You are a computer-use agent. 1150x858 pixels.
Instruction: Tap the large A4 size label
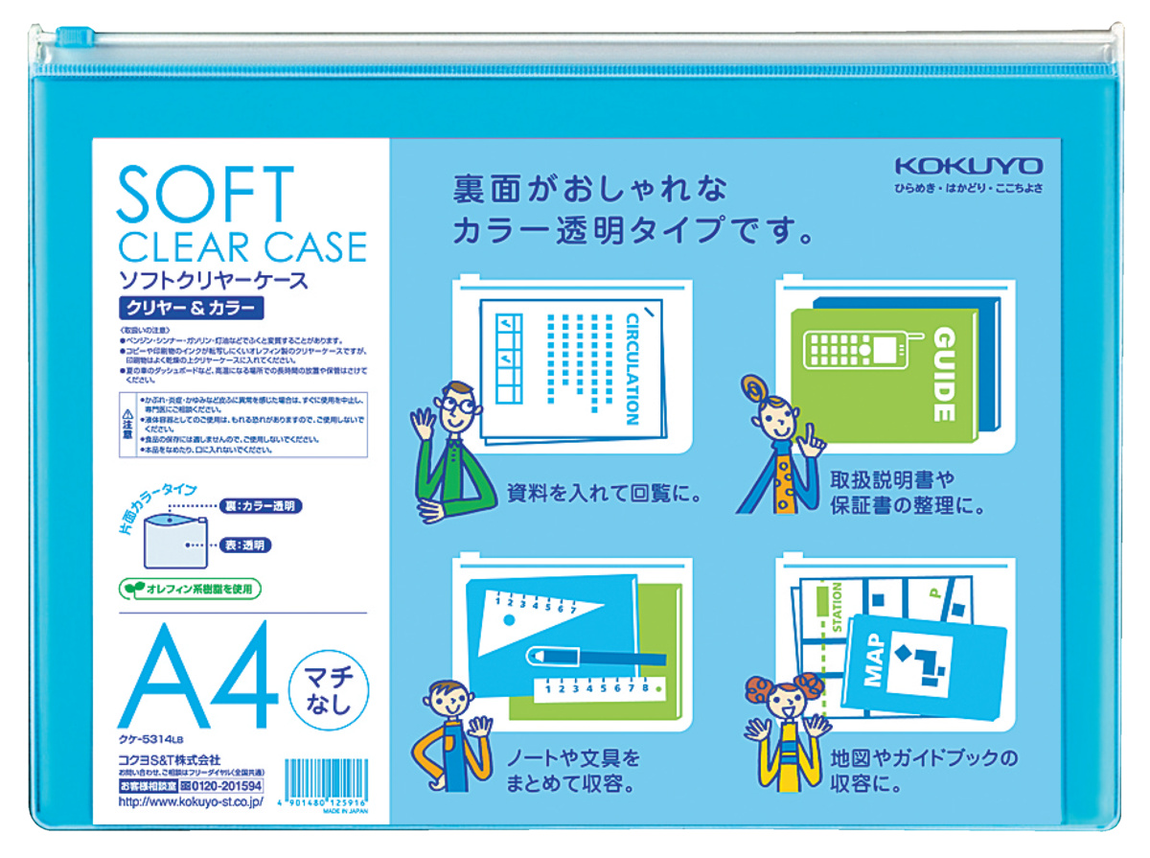195,678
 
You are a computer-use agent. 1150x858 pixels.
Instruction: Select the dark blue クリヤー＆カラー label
188,309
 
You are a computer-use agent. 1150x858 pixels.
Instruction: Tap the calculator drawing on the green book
857,350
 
